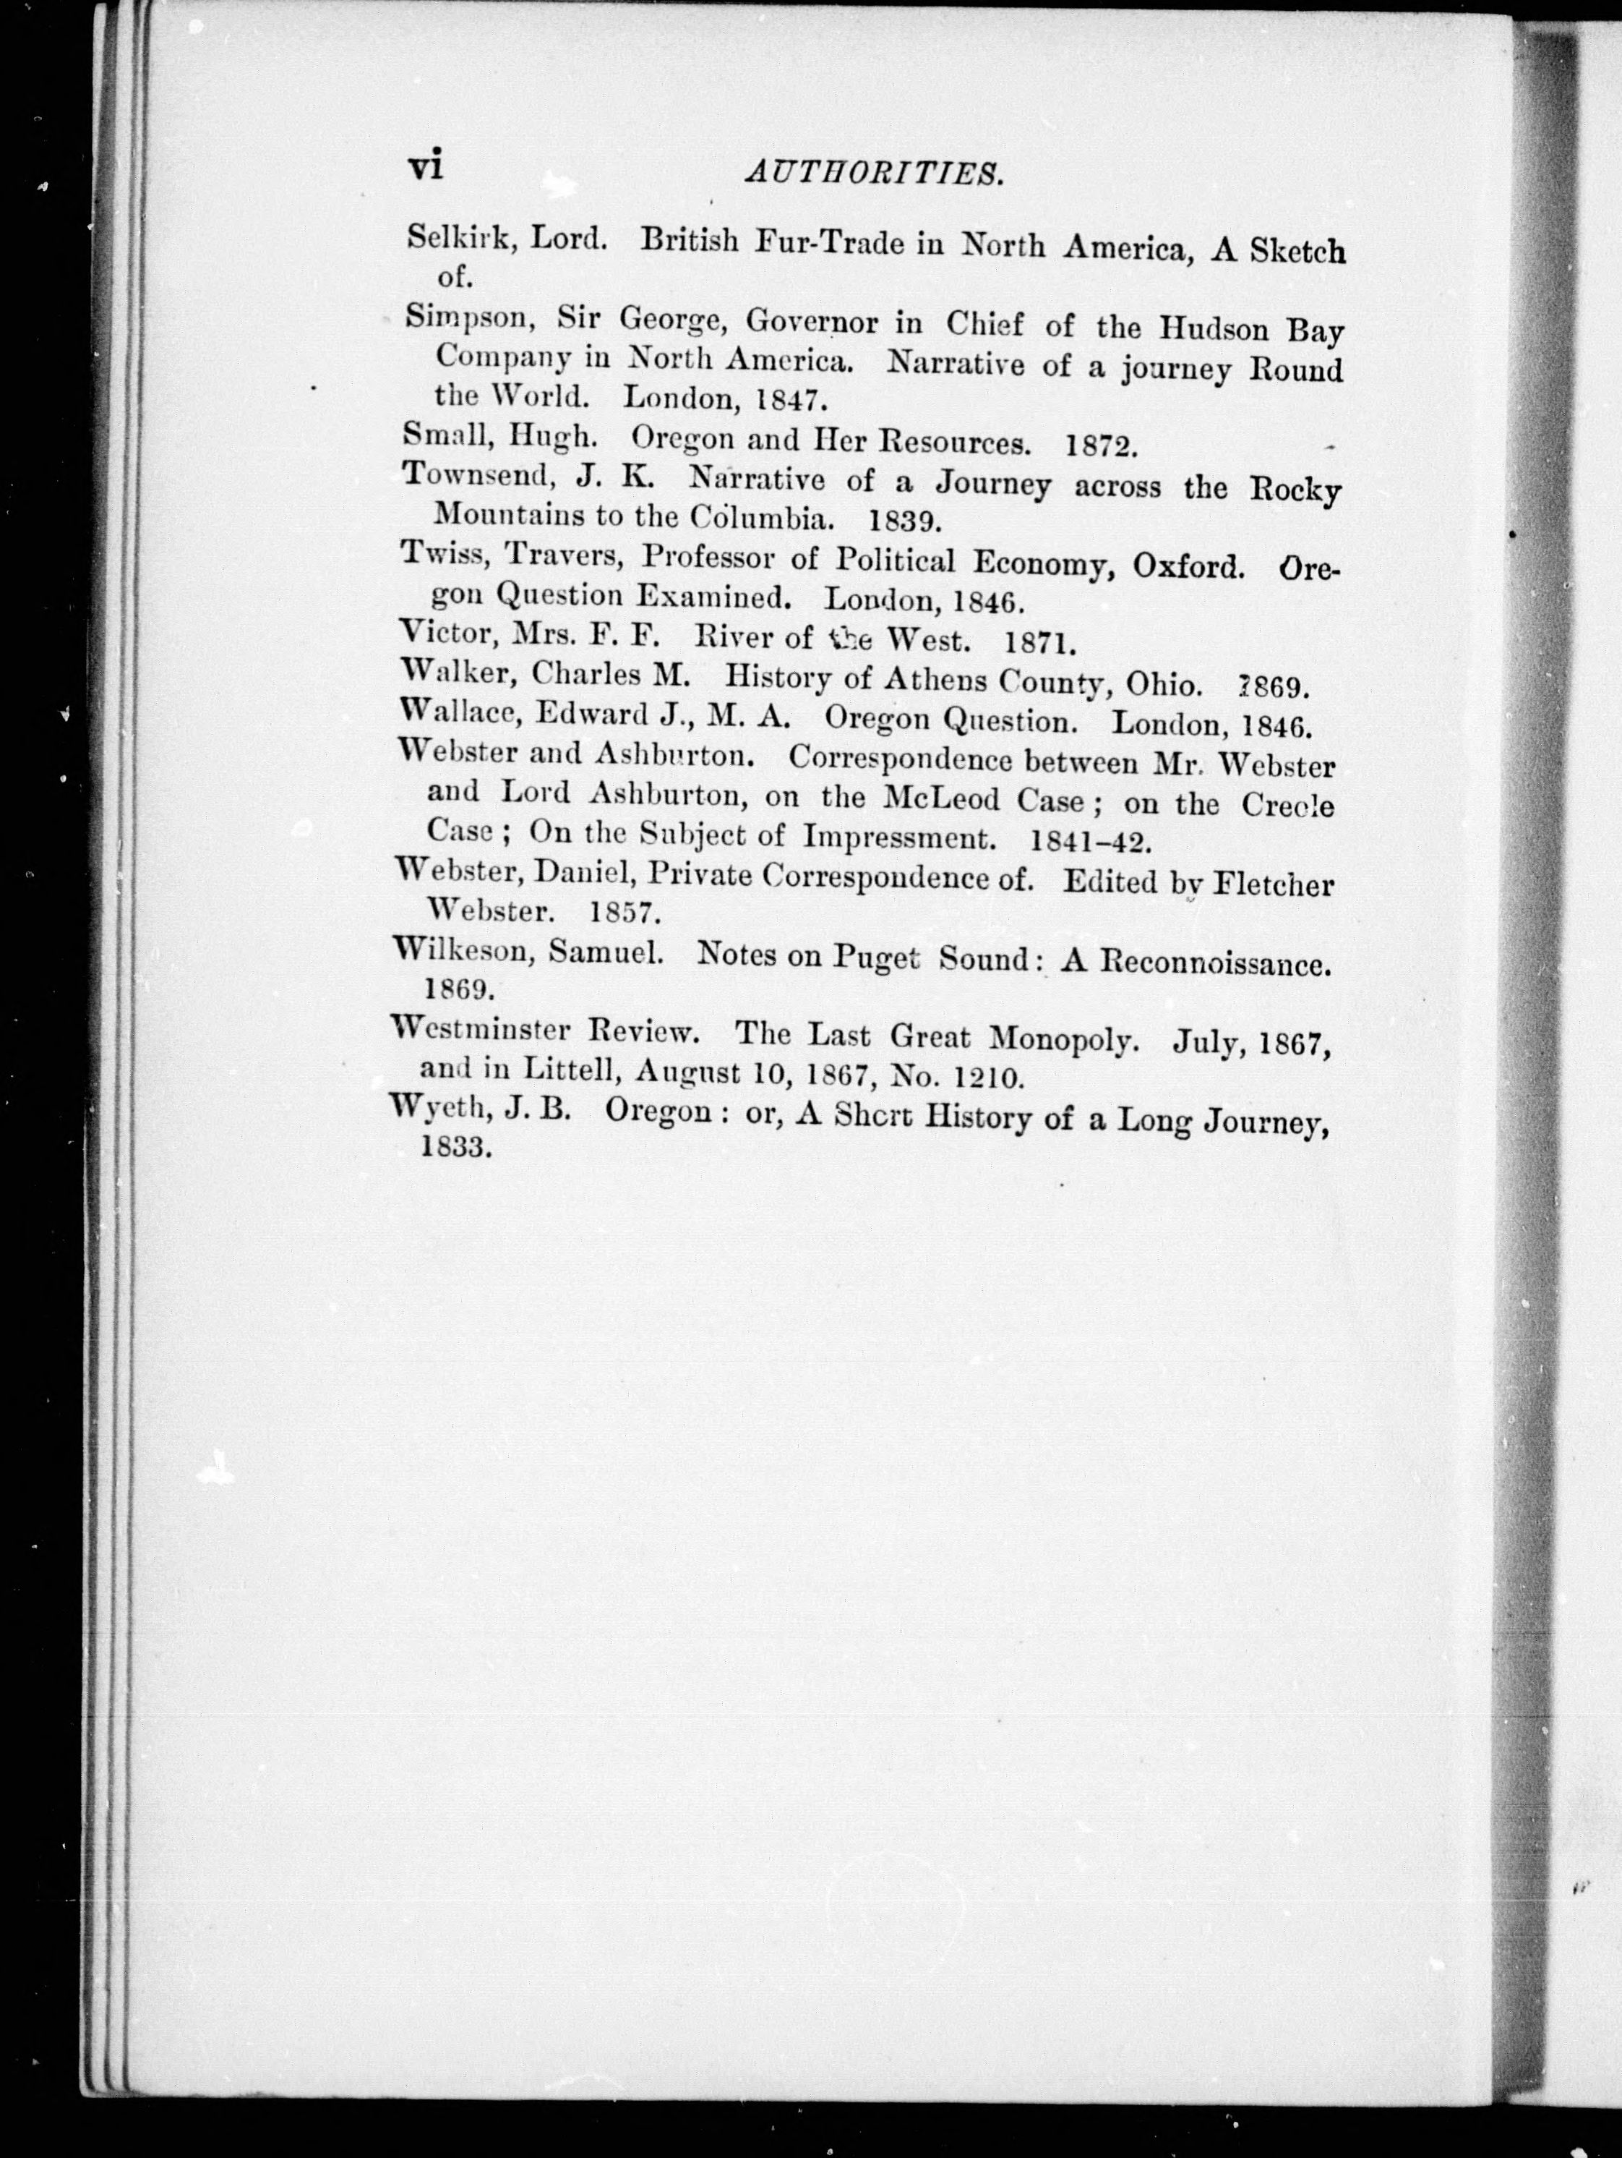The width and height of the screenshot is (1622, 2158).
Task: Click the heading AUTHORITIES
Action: click(x=874, y=174)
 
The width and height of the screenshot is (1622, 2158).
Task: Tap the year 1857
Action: click(x=626, y=912)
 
